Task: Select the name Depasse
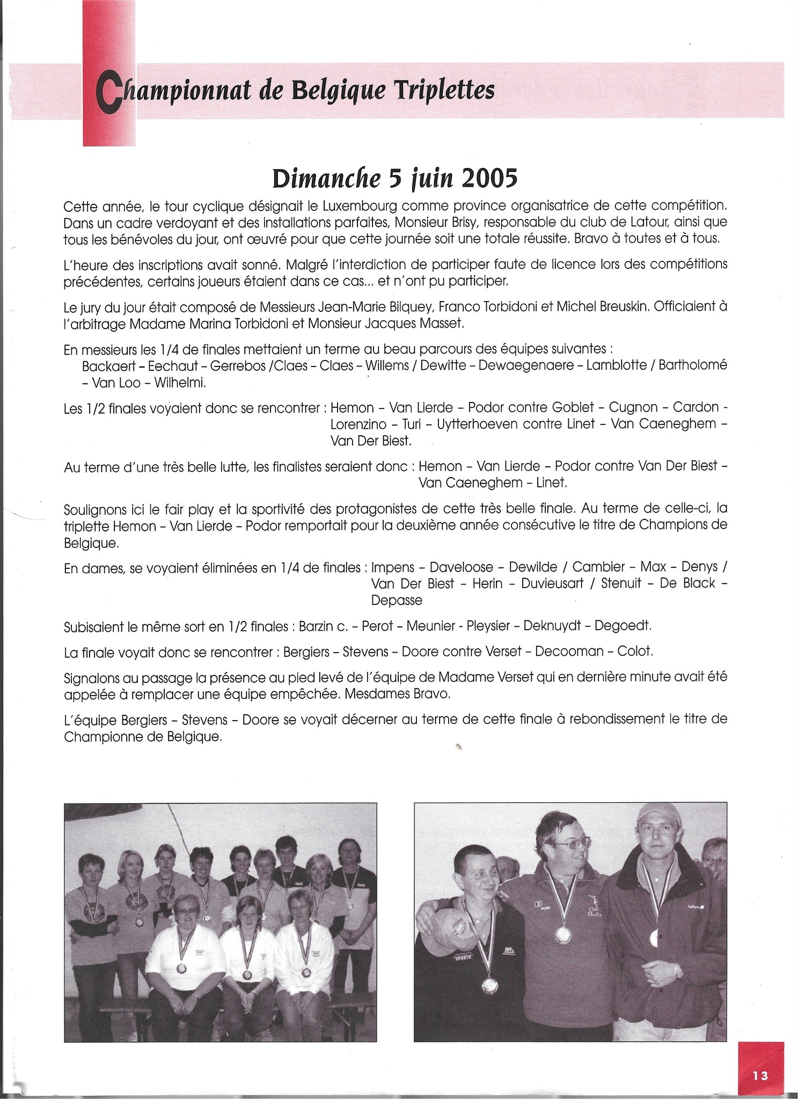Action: click(x=397, y=600)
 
